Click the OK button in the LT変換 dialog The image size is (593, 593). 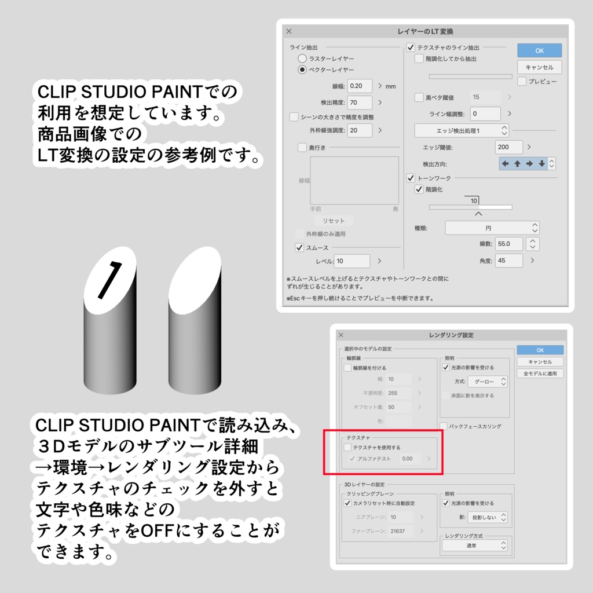coord(539,50)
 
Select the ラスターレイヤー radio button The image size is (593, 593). coord(302,58)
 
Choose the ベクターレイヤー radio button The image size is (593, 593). coord(302,69)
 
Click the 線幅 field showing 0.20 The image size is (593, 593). coord(360,86)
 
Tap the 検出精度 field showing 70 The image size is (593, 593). coord(360,103)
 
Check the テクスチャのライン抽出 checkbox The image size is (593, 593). coord(411,47)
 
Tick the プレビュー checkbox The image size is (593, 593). coord(522,82)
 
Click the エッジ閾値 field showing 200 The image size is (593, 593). coord(509,147)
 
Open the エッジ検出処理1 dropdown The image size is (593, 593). coord(462,130)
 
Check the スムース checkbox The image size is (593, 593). coord(299,247)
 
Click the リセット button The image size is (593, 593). coord(334,221)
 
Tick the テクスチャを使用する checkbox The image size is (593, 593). coord(347,448)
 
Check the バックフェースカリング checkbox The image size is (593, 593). coord(444,426)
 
